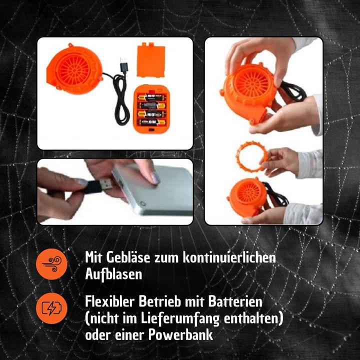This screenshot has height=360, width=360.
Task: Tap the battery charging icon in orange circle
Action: click(x=51, y=307)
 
